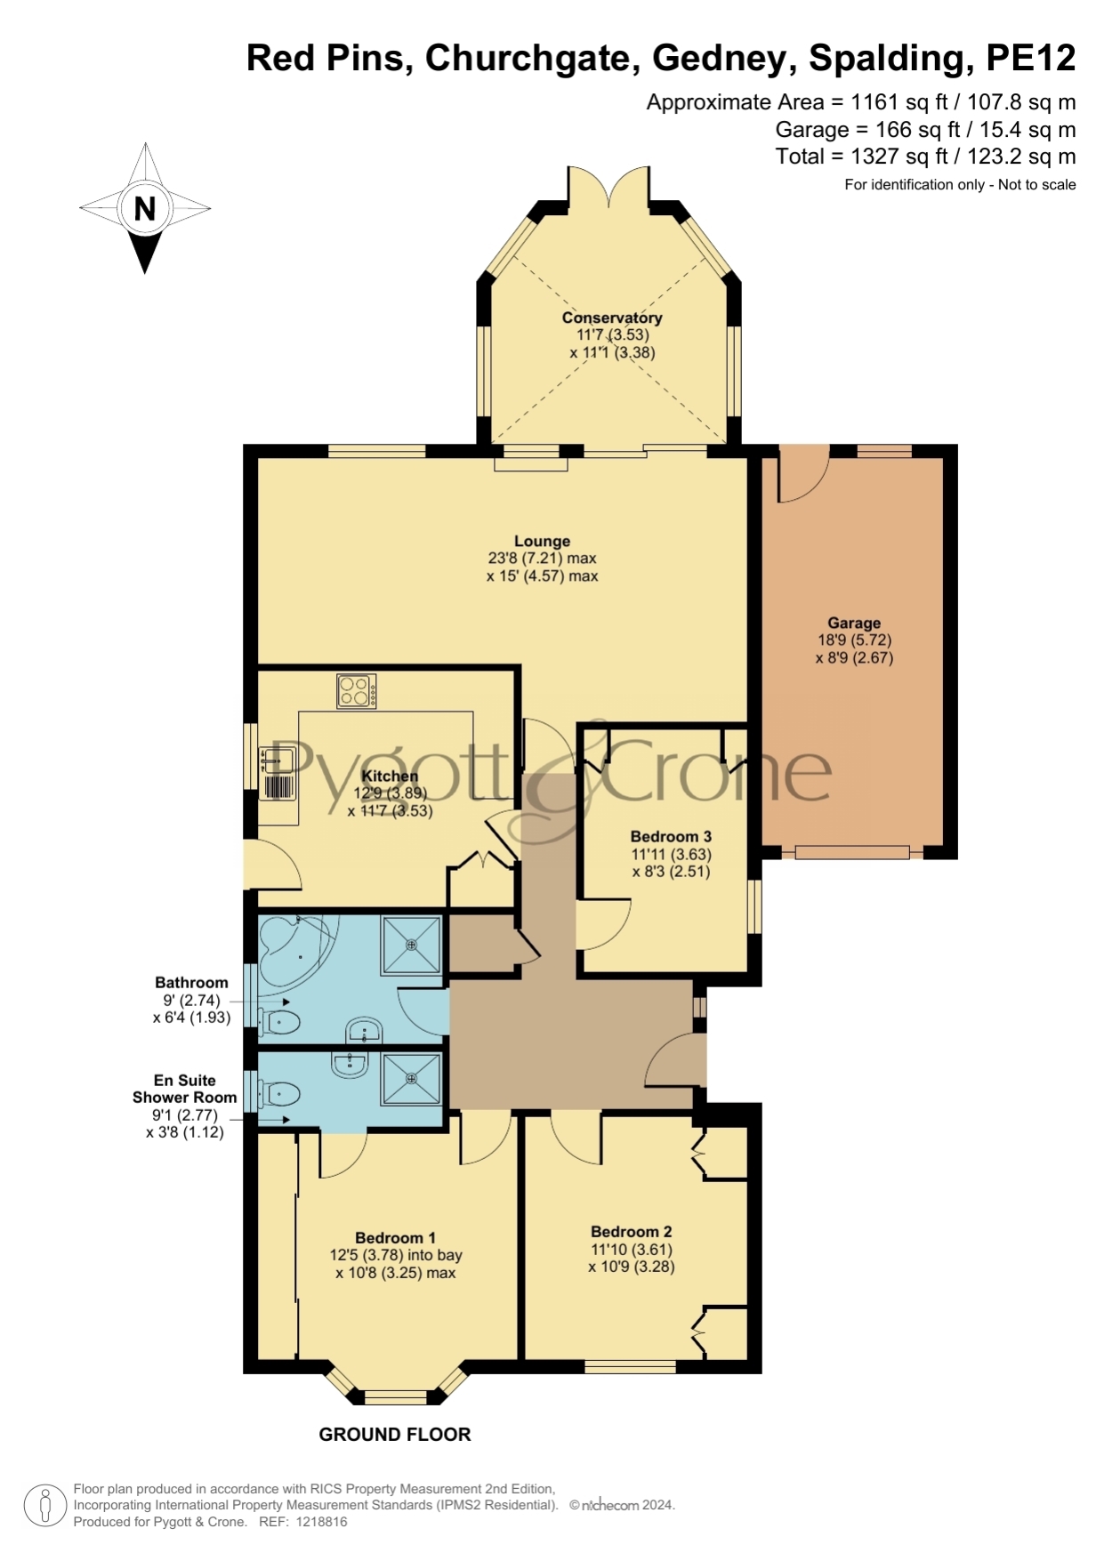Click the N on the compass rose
click(144, 208)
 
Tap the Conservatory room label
click(612, 318)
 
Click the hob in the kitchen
click(356, 690)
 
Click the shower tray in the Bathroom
click(411, 945)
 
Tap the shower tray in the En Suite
click(411, 1079)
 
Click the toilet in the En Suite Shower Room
click(277, 1093)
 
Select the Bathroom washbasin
click(364, 1031)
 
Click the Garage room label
click(854, 623)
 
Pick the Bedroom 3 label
click(671, 836)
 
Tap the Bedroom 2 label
click(632, 1231)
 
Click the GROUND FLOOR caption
click(395, 1434)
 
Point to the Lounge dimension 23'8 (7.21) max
click(542, 558)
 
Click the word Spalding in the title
click(887, 59)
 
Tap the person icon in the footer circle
click(44, 1506)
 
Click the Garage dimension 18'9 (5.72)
click(854, 640)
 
